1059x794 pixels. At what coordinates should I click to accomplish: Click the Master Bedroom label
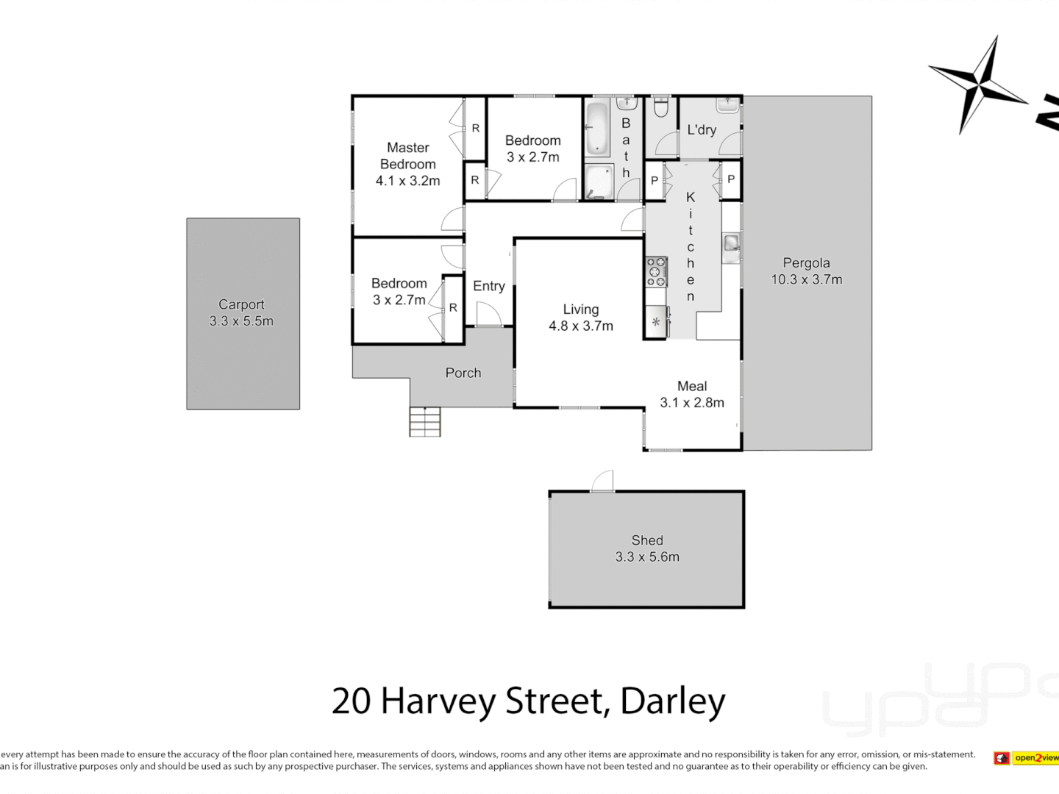pyautogui.click(x=407, y=156)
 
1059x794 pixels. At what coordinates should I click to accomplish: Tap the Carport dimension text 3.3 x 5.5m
pyautogui.click(x=241, y=321)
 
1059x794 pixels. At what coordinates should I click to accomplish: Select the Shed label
pyautogui.click(x=647, y=540)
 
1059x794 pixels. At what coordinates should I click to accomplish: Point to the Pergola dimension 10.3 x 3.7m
pyautogui.click(x=806, y=279)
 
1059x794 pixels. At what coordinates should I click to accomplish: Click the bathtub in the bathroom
pyautogui.click(x=597, y=129)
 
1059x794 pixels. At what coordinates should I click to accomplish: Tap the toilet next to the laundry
pyautogui.click(x=660, y=108)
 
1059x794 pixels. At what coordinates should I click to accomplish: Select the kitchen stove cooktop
pyautogui.click(x=656, y=272)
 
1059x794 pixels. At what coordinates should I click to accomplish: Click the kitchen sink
pyautogui.click(x=731, y=243)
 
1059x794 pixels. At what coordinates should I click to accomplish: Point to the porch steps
pyautogui.click(x=425, y=422)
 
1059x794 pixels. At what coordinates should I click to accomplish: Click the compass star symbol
pyautogui.click(x=979, y=84)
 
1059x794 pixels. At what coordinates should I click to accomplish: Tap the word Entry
pyautogui.click(x=488, y=286)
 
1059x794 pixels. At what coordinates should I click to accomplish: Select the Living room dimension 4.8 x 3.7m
pyautogui.click(x=580, y=326)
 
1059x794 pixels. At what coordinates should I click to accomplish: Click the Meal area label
pyautogui.click(x=691, y=386)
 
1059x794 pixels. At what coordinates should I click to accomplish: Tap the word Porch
pyautogui.click(x=463, y=373)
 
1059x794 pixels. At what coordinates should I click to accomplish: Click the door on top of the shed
pyautogui.click(x=602, y=481)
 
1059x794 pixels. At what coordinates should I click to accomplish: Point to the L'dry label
pyautogui.click(x=701, y=129)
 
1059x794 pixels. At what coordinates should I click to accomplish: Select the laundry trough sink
pyautogui.click(x=727, y=105)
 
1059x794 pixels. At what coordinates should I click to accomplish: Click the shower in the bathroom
pyautogui.click(x=599, y=182)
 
